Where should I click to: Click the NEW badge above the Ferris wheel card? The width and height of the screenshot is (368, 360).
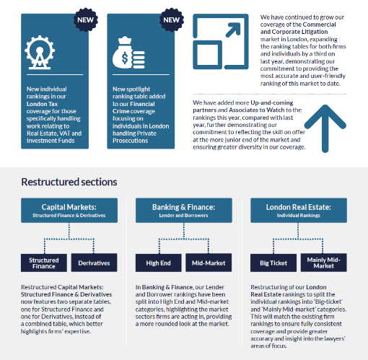coord(86,19)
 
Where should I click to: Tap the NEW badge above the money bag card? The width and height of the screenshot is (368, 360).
coord(172,19)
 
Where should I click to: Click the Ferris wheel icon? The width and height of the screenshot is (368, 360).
coord(40,53)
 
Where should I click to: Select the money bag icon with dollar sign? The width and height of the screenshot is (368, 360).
coord(128,53)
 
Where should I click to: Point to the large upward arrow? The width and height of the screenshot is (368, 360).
coord(325,128)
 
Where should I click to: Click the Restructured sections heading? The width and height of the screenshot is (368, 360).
coord(69,182)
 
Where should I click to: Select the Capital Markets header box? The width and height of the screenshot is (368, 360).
coord(69,210)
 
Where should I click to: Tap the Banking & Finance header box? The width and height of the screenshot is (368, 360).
coord(184,210)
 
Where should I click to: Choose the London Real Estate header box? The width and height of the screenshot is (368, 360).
coord(299,210)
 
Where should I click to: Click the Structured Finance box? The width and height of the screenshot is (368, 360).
coord(44,263)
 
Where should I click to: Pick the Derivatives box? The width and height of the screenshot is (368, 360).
coord(94,263)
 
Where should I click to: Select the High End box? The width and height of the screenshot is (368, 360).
coord(159,263)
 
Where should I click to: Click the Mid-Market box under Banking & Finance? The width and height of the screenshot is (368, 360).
coord(209,263)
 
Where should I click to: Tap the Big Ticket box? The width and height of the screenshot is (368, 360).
coord(273,263)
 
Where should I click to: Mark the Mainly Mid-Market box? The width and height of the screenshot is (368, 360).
coord(324,263)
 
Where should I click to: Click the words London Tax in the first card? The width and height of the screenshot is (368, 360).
coord(42,104)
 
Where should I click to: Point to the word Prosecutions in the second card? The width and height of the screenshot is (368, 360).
coord(130,141)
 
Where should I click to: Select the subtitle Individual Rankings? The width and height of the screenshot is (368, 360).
coord(299,216)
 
